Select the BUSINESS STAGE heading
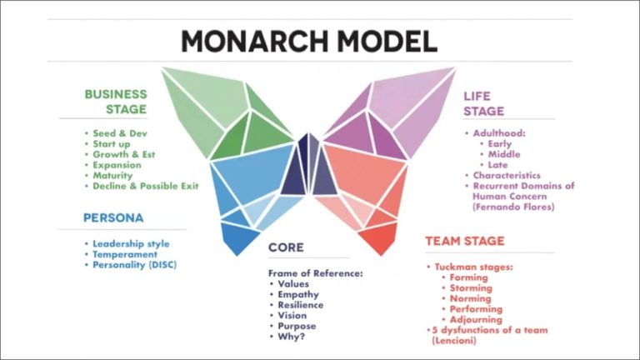click(x=116, y=102)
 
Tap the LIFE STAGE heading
click(x=483, y=103)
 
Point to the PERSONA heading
click(x=113, y=218)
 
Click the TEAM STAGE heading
click(x=465, y=242)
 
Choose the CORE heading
click(x=286, y=247)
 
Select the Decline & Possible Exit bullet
click(x=145, y=186)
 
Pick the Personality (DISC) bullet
click(x=133, y=265)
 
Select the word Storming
click(x=470, y=288)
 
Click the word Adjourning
click(x=475, y=320)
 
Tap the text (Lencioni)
click(x=454, y=342)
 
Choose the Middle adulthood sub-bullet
click(x=502, y=154)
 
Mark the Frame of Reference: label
click(x=317, y=272)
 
